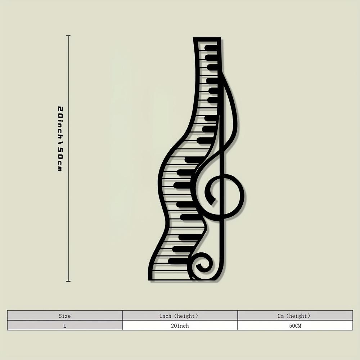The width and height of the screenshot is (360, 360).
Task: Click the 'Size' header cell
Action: (65, 316)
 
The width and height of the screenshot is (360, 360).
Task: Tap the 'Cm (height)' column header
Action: (295, 316)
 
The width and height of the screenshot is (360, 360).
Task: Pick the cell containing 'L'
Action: (65, 325)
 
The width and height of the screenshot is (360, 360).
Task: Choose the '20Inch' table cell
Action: (180, 325)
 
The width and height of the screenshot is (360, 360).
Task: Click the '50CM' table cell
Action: (295, 325)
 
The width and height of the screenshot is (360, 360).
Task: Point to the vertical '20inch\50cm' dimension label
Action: (60, 139)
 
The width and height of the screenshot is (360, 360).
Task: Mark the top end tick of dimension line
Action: (68, 36)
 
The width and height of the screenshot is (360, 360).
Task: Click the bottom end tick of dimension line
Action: (68, 281)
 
